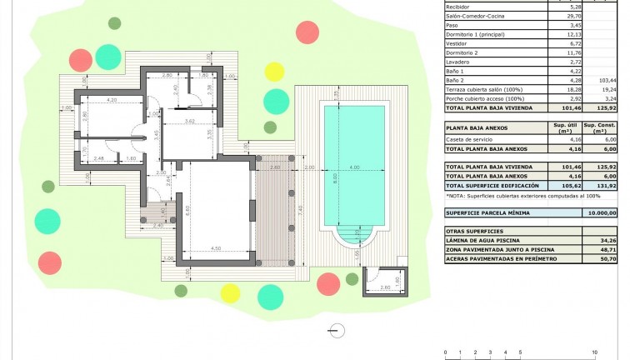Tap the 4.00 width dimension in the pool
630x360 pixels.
pos(354,168)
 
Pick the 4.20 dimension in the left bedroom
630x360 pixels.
pos(111,100)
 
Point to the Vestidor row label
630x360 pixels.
pos(459,43)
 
